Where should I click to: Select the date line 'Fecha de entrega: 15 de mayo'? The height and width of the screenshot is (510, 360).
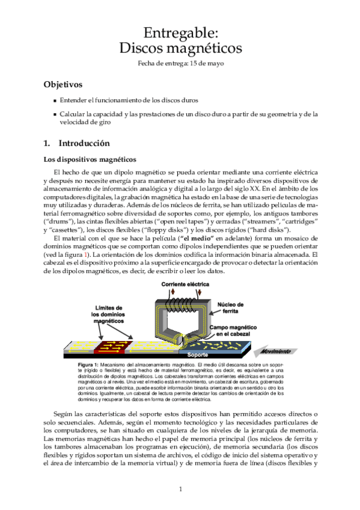coord(180,63)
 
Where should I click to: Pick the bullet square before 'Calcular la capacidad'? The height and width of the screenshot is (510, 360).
coord(55,114)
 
